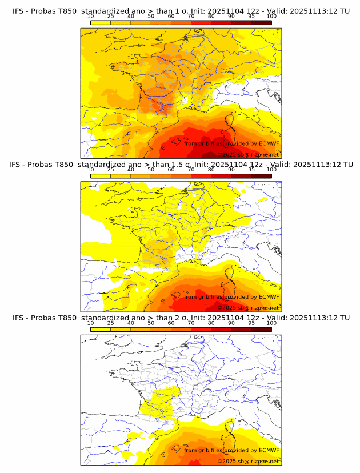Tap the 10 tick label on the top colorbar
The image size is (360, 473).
click(x=90, y=16)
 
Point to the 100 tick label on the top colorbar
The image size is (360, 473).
click(x=271, y=16)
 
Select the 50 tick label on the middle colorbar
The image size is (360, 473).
click(x=151, y=170)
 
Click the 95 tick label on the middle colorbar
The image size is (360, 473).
click(x=251, y=170)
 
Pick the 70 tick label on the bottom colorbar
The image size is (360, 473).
click(x=191, y=323)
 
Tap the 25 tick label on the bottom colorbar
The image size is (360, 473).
click(x=110, y=323)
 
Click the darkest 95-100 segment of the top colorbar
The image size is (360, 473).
click(x=261, y=22)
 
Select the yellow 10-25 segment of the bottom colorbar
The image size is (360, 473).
click(x=100, y=329)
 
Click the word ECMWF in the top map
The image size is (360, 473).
click(x=269, y=143)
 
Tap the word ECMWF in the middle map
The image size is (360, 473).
click(x=269, y=296)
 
